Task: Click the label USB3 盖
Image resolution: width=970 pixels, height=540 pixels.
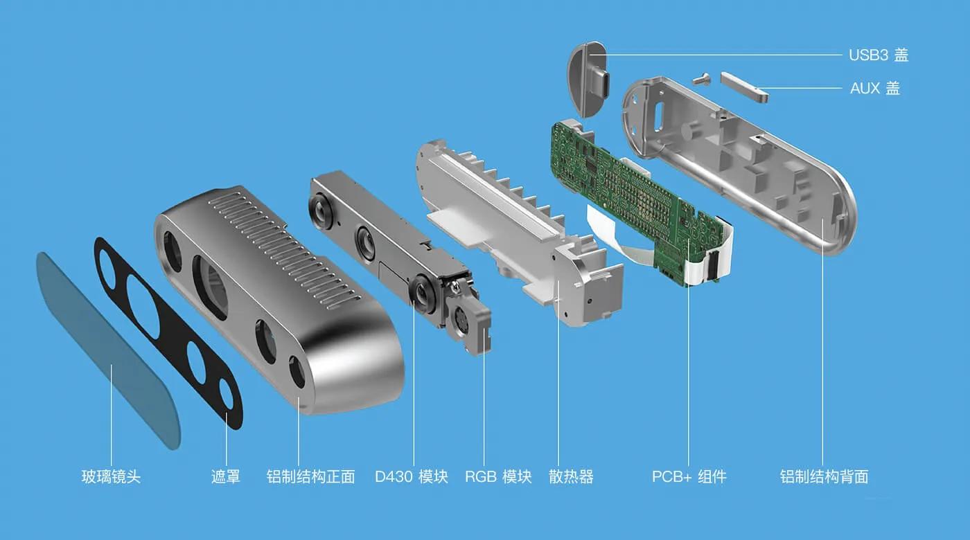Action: click(878, 55)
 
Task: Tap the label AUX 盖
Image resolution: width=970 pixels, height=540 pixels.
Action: click(874, 89)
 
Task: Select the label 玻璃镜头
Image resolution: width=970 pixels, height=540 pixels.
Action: click(111, 477)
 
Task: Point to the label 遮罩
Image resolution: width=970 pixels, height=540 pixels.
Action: click(226, 477)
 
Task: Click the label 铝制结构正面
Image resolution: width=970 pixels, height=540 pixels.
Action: click(311, 477)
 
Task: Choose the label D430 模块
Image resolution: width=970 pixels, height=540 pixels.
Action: click(412, 477)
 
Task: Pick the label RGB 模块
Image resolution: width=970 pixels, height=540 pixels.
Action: click(498, 477)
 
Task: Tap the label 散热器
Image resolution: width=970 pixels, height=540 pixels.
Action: click(571, 477)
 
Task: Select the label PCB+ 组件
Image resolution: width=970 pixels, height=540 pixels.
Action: click(689, 477)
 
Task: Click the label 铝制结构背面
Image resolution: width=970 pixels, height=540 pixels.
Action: click(824, 477)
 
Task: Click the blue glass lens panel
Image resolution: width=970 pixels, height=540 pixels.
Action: click(104, 346)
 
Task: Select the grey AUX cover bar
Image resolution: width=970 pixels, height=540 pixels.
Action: click(744, 87)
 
